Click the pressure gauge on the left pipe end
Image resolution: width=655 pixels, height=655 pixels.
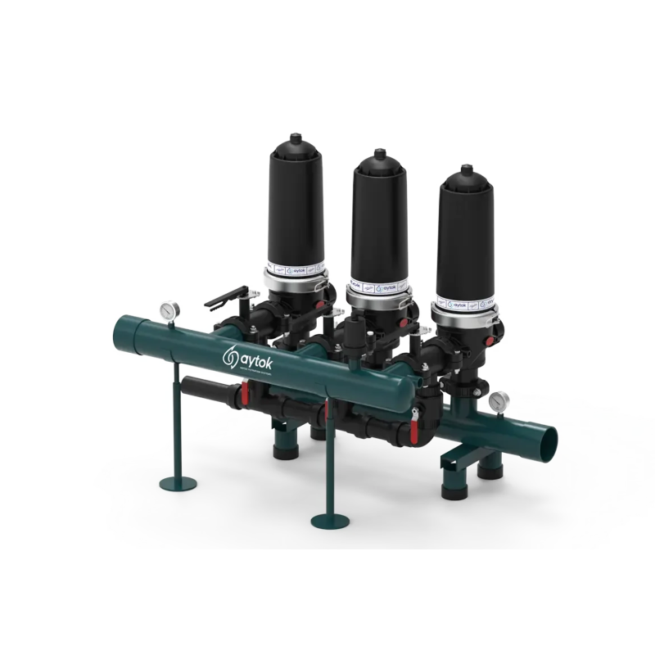[x=169, y=310]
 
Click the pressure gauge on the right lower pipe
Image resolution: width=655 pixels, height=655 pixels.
[x=496, y=402]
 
